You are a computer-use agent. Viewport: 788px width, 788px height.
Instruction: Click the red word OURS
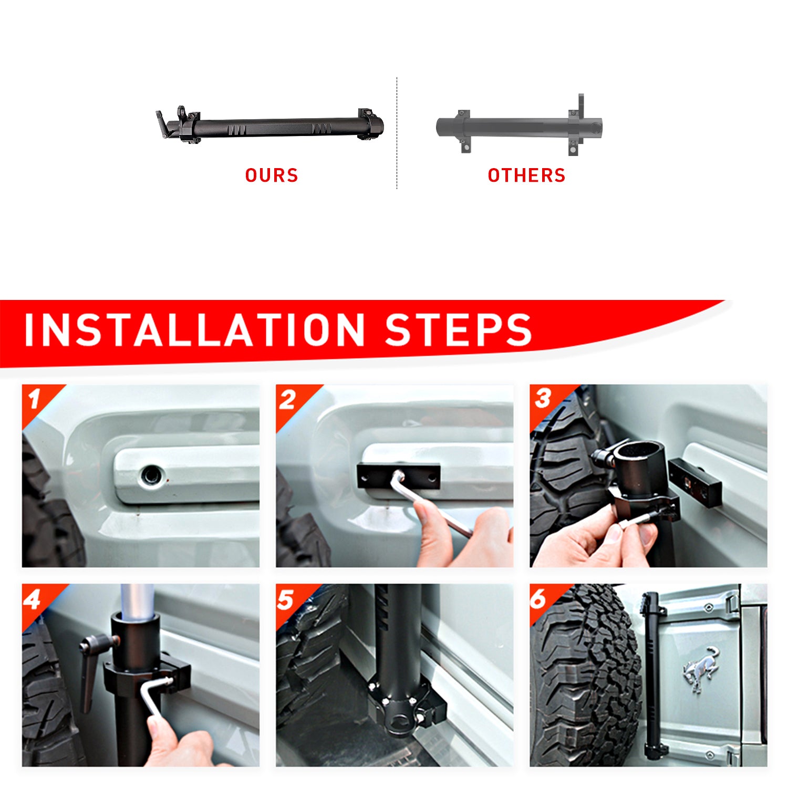[x=272, y=175]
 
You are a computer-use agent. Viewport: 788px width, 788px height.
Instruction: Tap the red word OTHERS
[x=526, y=175]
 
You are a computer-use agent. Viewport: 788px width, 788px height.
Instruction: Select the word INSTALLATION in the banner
[x=195, y=330]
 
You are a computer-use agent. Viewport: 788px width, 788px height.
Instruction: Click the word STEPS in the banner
[x=459, y=330]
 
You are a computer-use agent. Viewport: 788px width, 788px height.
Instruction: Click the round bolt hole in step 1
[x=151, y=475]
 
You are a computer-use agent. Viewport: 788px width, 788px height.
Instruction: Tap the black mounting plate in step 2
[x=399, y=476]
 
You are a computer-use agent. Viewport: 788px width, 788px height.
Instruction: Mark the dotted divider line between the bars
[x=397, y=133]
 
